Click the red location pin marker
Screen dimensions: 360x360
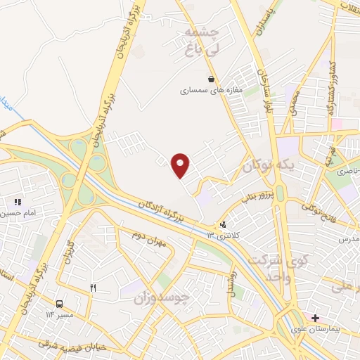pos(181,165)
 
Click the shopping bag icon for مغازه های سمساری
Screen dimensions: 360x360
pos(211,79)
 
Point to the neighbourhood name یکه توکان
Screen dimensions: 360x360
pos(266,167)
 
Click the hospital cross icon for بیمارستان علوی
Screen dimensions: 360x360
pos(315,318)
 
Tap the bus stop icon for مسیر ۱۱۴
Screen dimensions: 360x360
pos(59,304)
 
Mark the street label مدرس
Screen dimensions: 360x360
pos(349,240)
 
